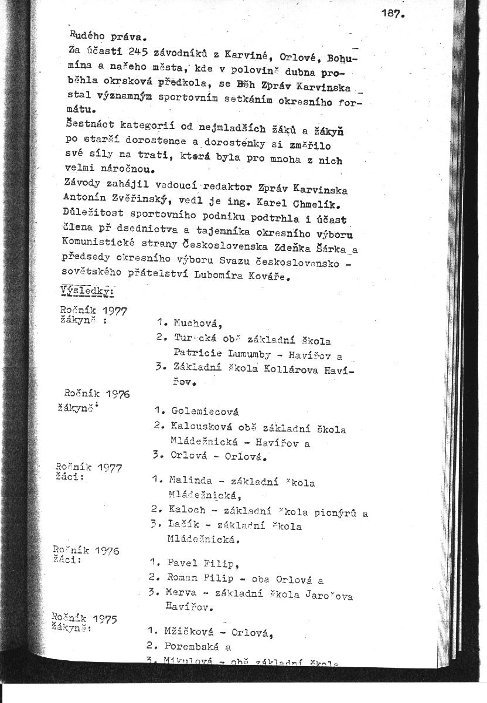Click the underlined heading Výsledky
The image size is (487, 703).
(x=87, y=291)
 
